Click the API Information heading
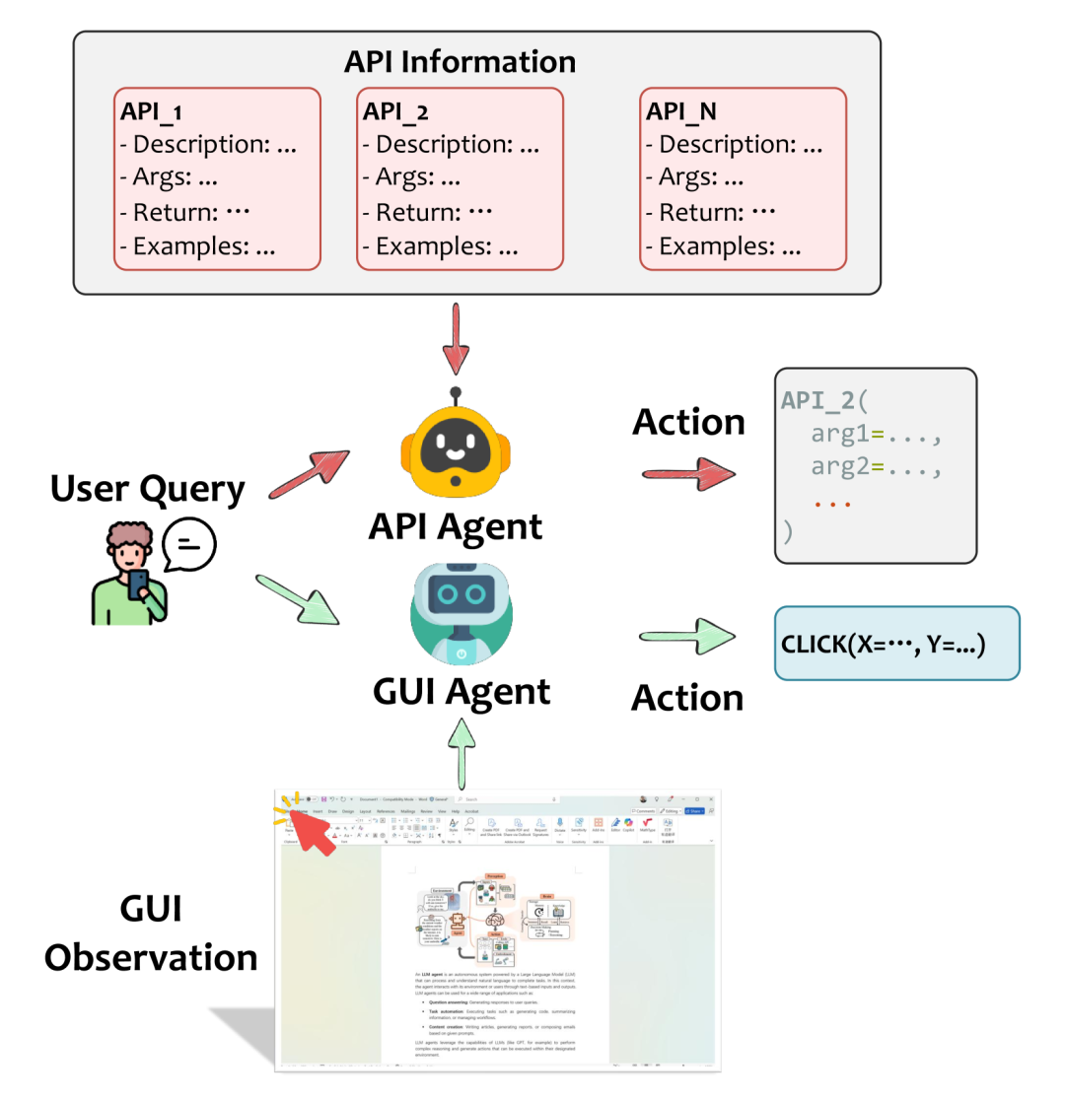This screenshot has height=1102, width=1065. [460, 61]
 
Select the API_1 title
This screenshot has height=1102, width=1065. [151, 111]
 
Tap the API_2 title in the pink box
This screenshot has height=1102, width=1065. [395, 111]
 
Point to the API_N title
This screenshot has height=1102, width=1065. [680, 111]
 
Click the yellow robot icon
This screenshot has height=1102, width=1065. [456, 449]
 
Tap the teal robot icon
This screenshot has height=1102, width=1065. [461, 611]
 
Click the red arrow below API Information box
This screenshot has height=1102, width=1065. [456, 338]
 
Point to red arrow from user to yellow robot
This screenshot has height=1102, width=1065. [309, 474]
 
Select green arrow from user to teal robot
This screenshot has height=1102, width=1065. [297, 598]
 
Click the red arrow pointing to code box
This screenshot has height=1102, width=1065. [688, 474]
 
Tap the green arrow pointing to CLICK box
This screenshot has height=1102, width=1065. [688, 636]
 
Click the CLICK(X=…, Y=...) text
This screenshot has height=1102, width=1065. [883, 645]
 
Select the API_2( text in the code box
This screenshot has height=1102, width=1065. [822, 400]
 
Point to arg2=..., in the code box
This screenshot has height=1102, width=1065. [877, 466]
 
